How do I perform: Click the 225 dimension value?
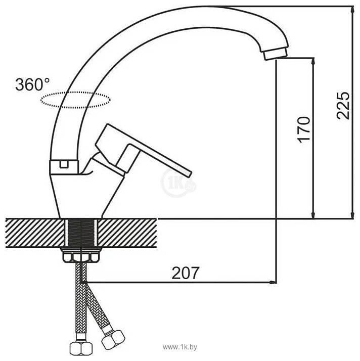point(343,106)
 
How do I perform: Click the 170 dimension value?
point(303,129)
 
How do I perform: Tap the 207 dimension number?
point(185,273)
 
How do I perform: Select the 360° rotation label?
point(32,84)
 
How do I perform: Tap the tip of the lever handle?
point(189,174)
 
